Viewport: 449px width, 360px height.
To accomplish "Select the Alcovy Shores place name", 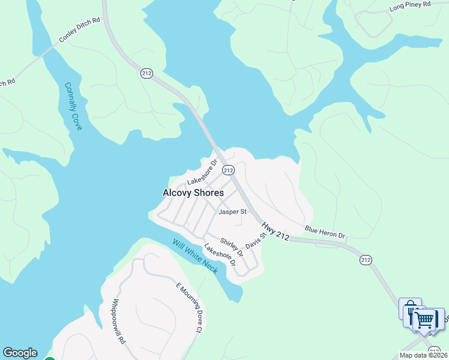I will click(x=193, y=193).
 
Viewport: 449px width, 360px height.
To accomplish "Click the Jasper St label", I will click(x=233, y=212).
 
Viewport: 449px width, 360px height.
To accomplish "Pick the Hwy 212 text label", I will click(x=276, y=231).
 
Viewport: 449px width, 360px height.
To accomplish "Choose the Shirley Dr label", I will click(x=232, y=247).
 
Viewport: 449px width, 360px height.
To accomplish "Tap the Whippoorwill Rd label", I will click(x=118, y=321).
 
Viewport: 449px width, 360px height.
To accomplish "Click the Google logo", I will click(x=20, y=353).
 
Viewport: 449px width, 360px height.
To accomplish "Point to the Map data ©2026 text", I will click(x=423, y=355).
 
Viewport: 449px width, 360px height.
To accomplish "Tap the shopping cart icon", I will click(x=425, y=319).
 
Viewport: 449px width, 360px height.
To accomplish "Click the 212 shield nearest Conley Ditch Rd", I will click(x=146, y=73).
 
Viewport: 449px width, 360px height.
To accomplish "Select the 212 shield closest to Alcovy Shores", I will click(x=228, y=170).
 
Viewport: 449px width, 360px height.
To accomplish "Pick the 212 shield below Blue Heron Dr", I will click(x=366, y=260).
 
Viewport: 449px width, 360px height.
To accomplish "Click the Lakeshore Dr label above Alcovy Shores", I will click(x=201, y=173).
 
